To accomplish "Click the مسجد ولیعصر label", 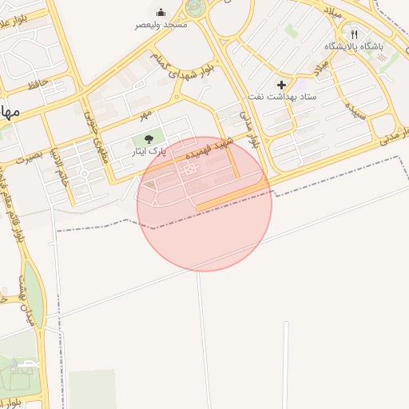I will pyautogui.click(x=161, y=25).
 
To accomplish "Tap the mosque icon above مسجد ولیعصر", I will pyautogui.click(x=161, y=12).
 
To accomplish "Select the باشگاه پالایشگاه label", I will pyautogui.click(x=354, y=46).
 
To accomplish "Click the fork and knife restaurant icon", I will pyautogui.click(x=354, y=34).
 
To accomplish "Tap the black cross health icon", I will pyautogui.click(x=281, y=85).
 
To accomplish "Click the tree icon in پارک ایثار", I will pyautogui.click(x=149, y=139).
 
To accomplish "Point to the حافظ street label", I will pyautogui.click(x=38, y=85).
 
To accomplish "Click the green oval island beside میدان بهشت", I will pyautogui.click(x=34, y=296).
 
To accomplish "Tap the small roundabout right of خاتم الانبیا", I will pyautogui.click(x=84, y=173).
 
